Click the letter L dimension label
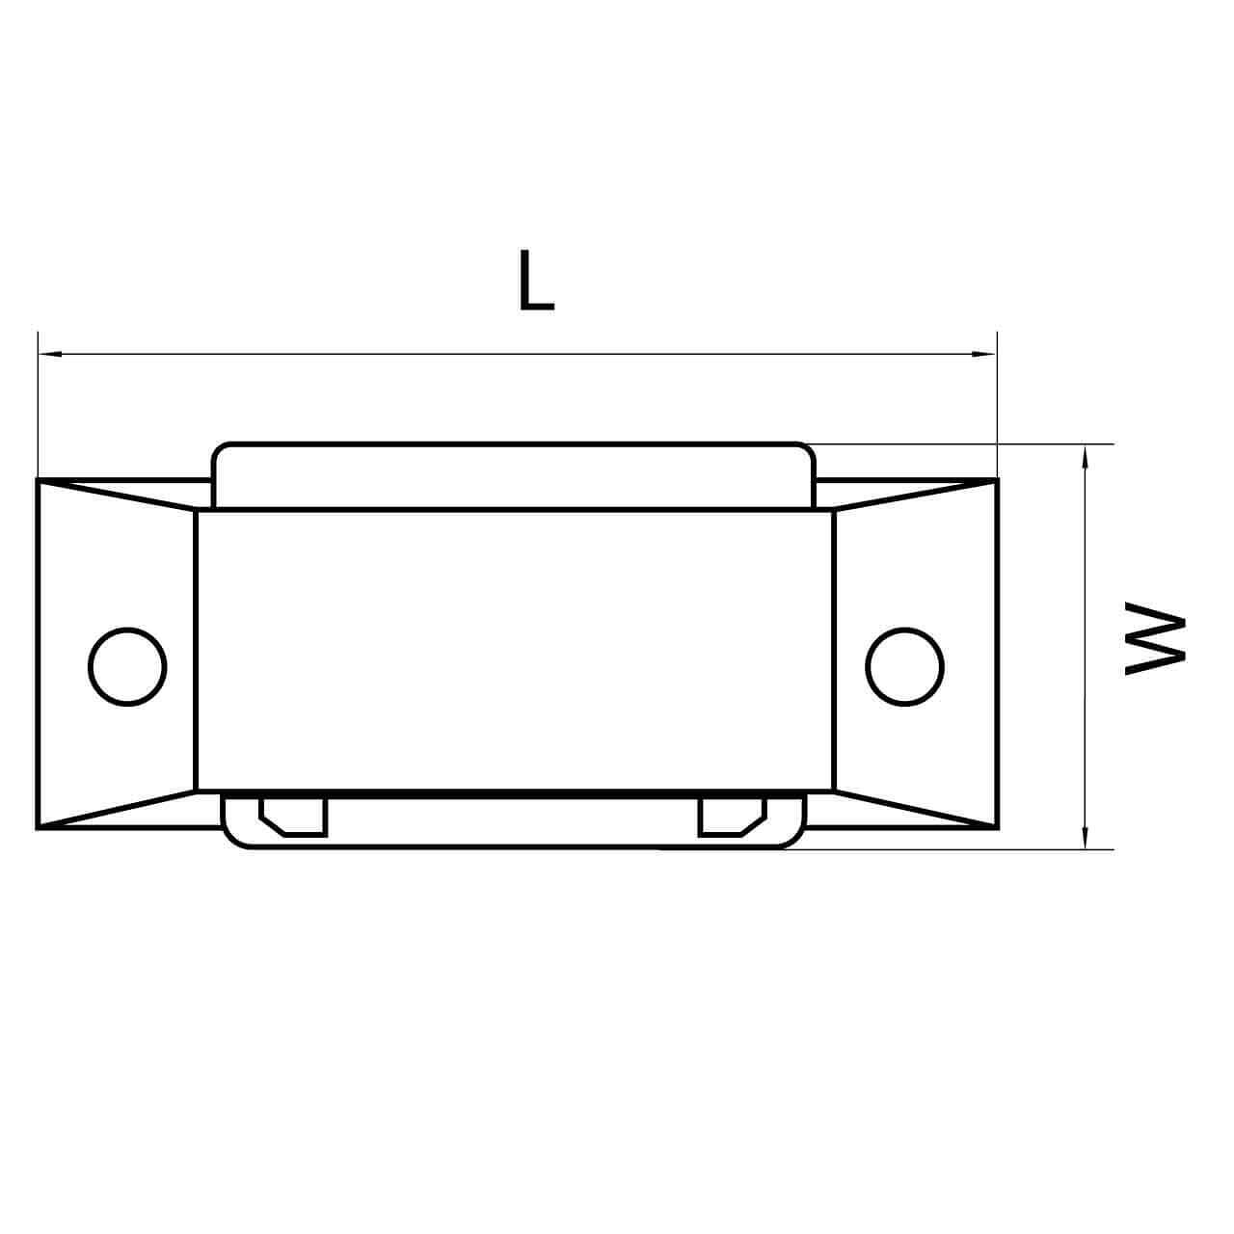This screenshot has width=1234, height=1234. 536,280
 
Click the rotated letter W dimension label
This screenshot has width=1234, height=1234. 1155,638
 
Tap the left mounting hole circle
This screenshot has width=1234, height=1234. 127,666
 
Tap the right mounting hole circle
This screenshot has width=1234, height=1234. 904,666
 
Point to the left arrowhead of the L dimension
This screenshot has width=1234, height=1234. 50,354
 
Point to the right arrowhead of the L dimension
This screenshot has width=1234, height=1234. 984,354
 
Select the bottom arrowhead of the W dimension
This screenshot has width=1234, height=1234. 1085,837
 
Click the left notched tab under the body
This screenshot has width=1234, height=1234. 293,817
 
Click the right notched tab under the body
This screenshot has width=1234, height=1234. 733,817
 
